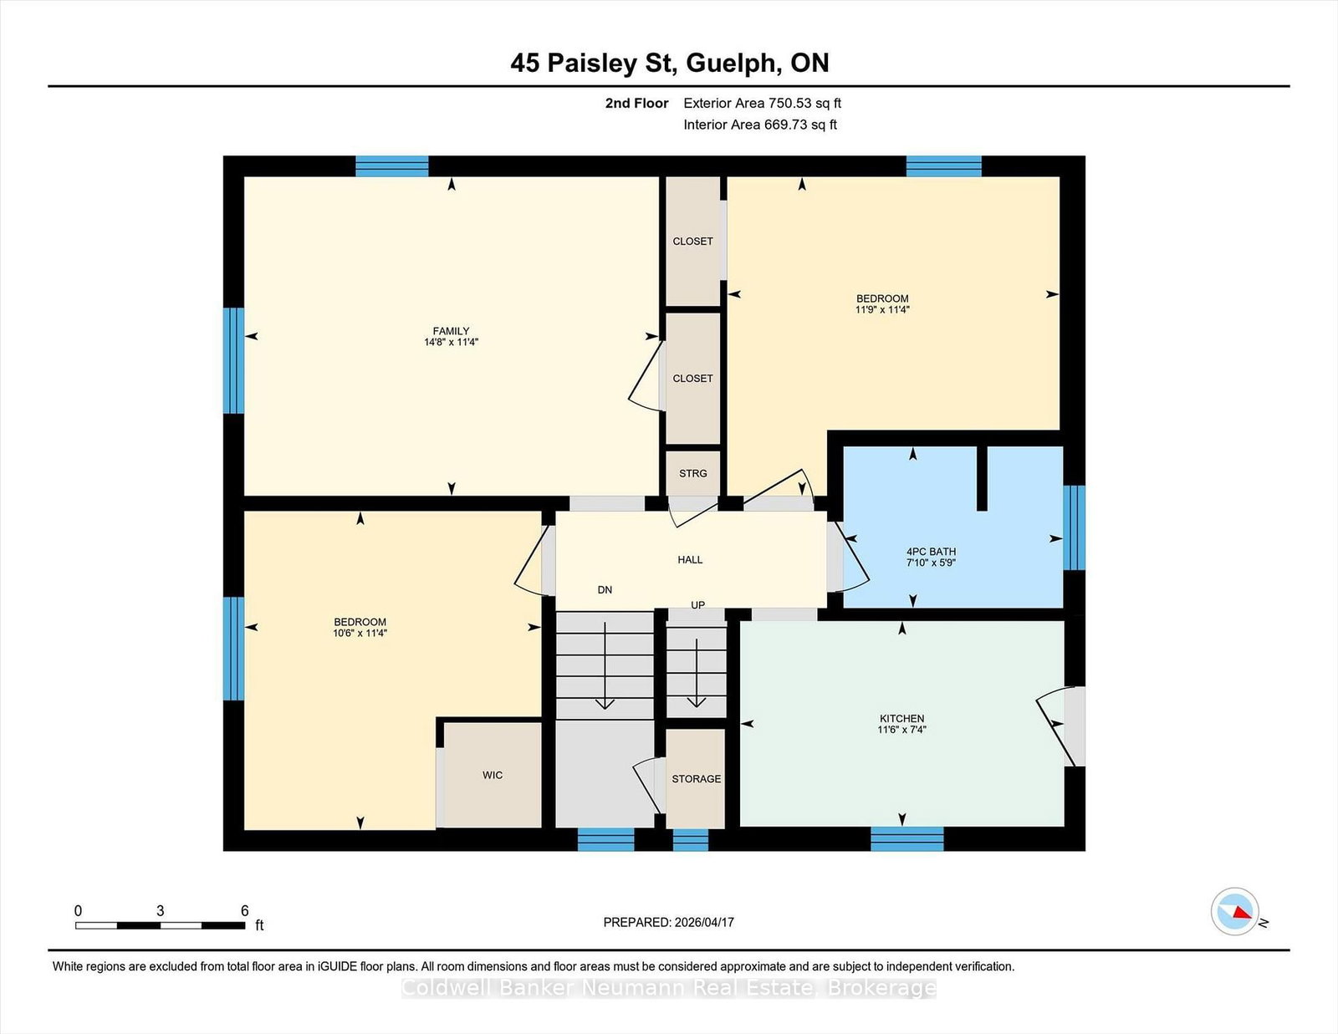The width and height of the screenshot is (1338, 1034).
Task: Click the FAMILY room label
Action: pos(451,331)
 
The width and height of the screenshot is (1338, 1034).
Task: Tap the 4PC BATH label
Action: pos(931,552)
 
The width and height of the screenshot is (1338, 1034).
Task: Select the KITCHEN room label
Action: pos(901,718)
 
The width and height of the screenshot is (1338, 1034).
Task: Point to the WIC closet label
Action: pos(493,775)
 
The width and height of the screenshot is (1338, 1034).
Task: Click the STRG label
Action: pos(692,473)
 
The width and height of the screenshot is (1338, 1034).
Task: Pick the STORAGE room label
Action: pos(696,778)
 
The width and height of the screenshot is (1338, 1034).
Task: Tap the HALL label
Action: pos(690,559)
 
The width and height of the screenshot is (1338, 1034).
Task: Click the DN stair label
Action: pos(605,589)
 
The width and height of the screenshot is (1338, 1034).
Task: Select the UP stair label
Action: pos(697,605)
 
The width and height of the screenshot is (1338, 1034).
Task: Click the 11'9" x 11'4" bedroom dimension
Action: pos(882,309)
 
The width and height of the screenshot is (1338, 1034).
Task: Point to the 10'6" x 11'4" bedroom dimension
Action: pos(360,633)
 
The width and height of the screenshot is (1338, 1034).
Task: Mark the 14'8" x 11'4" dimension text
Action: pos(451,342)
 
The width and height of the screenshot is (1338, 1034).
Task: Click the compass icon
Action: pos(1234,911)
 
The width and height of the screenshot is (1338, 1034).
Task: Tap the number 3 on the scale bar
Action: pos(160,910)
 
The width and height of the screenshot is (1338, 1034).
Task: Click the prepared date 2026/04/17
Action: pos(704,922)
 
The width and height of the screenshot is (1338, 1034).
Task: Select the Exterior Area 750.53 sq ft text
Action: pos(763,104)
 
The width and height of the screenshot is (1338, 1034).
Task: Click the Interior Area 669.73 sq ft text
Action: pos(760,125)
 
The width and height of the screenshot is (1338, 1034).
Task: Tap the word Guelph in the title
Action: pos(730,63)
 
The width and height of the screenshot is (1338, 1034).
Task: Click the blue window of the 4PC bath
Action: pos(1074,527)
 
